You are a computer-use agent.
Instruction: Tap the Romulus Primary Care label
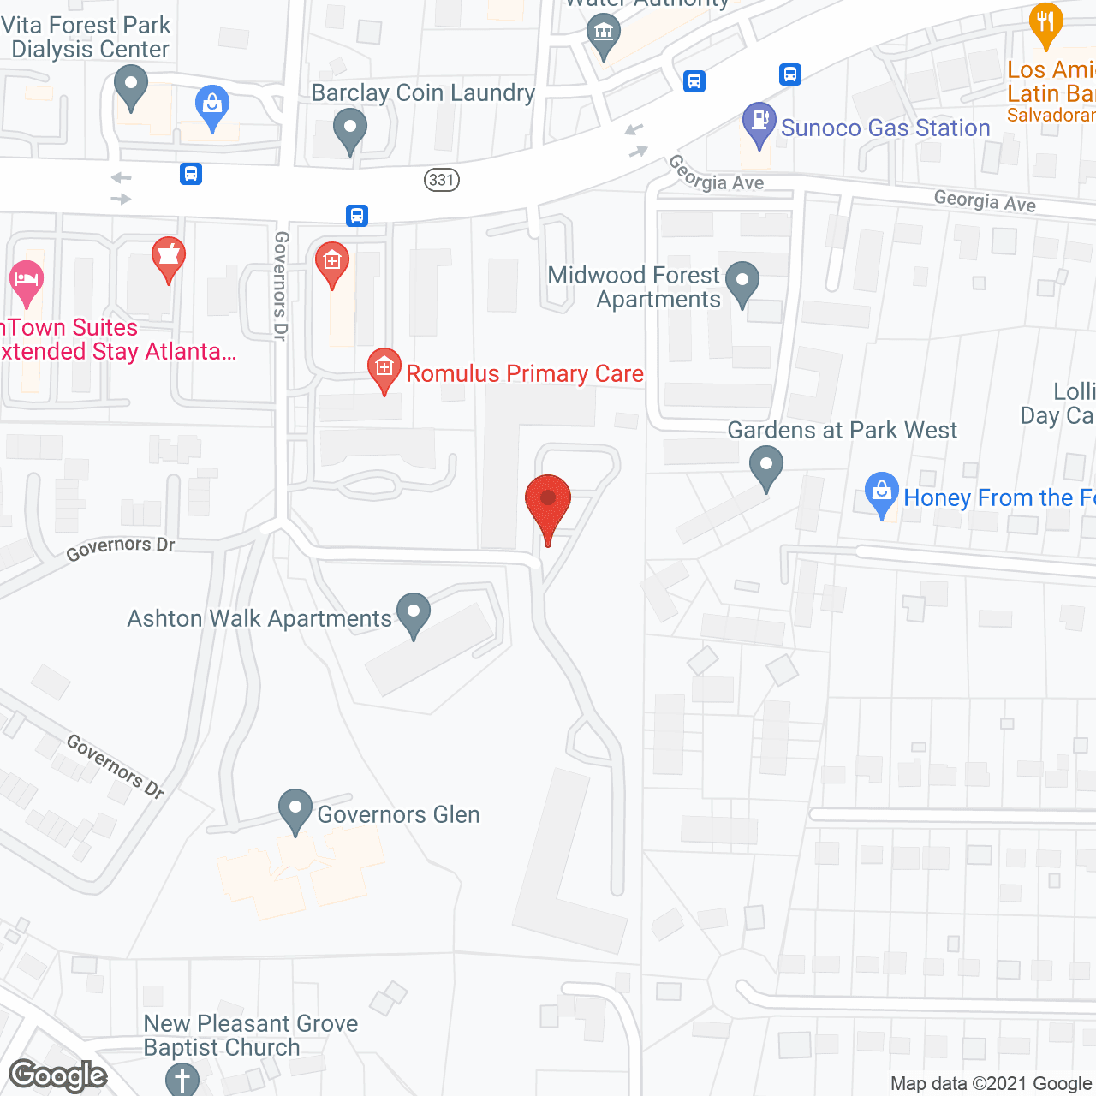click(x=524, y=374)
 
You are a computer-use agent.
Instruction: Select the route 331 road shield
click(x=441, y=180)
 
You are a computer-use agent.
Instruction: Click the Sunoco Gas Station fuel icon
click(x=759, y=122)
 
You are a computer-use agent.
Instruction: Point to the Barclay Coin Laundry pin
click(x=349, y=130)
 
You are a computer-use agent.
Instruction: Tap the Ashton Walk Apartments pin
click(x=414, y=613)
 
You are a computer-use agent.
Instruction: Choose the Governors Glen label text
click(x=398, y=814)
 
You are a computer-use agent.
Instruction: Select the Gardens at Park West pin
click(x=765, y=468)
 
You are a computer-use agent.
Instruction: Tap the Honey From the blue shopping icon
click(x=881, y=492)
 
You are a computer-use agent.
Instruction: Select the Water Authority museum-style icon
click(x=604, y=35)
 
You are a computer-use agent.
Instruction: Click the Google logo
click(x=58, y=1075)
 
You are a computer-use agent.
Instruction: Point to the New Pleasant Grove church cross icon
click(x=182, y=1078)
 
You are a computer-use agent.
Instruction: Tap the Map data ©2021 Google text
click(x=992, y=1084)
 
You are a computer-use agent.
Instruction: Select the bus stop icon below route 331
click(x=357, y=215)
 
